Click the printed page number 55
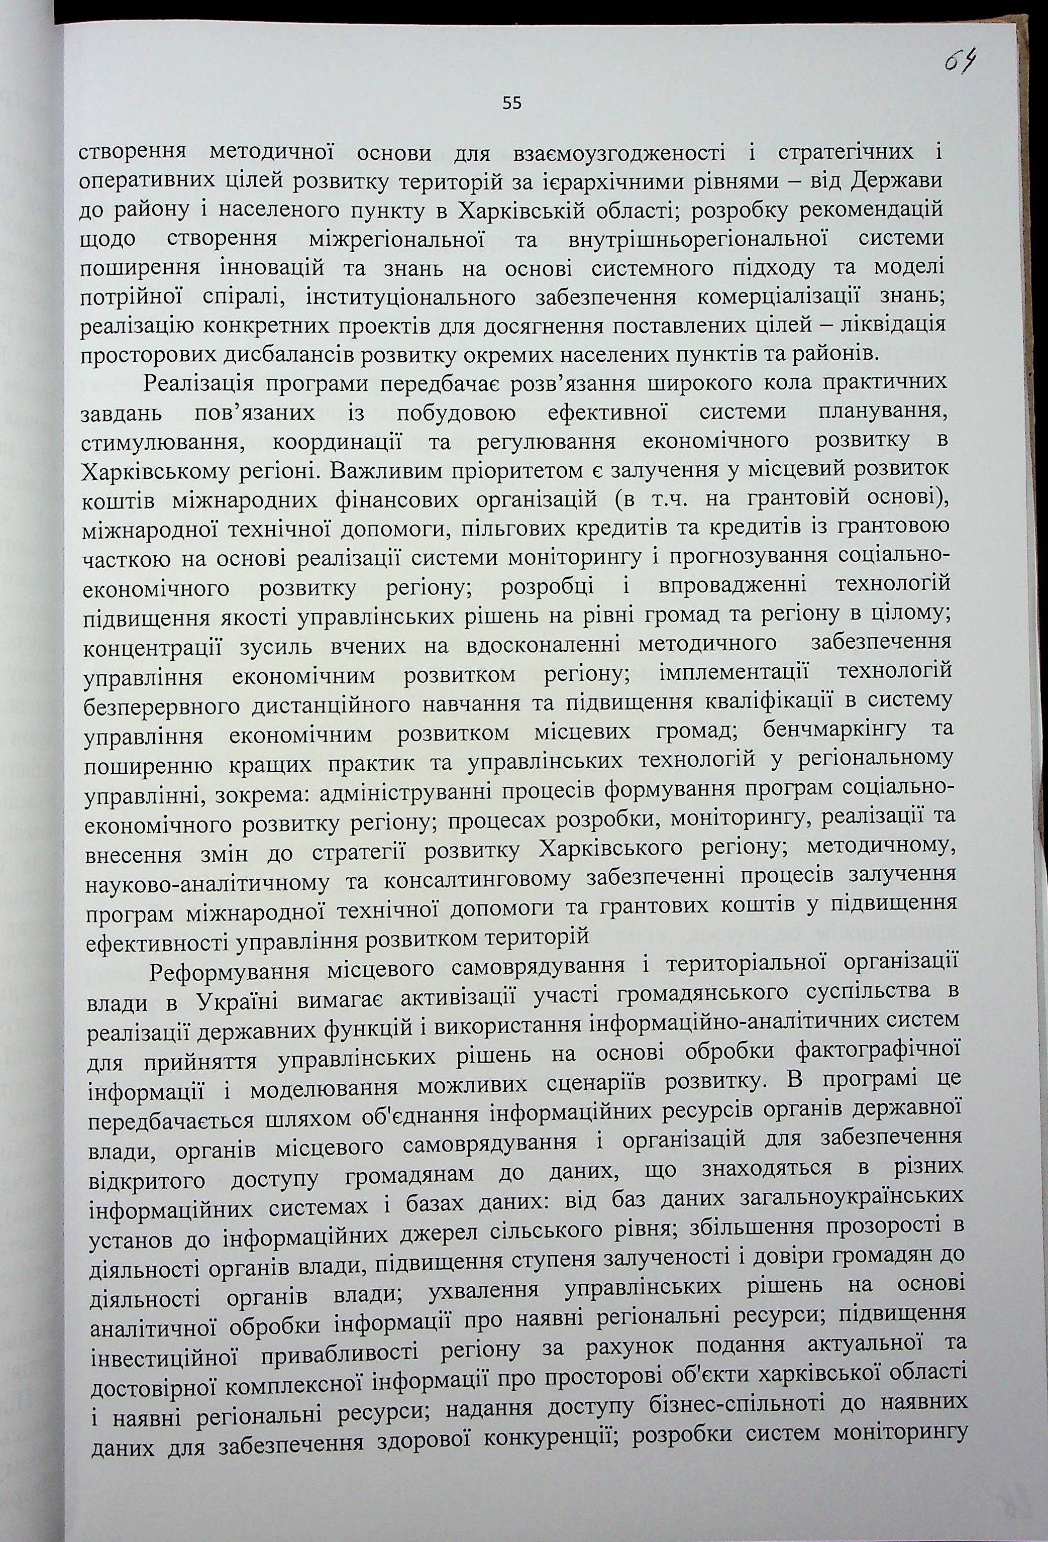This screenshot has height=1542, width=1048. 512,103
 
